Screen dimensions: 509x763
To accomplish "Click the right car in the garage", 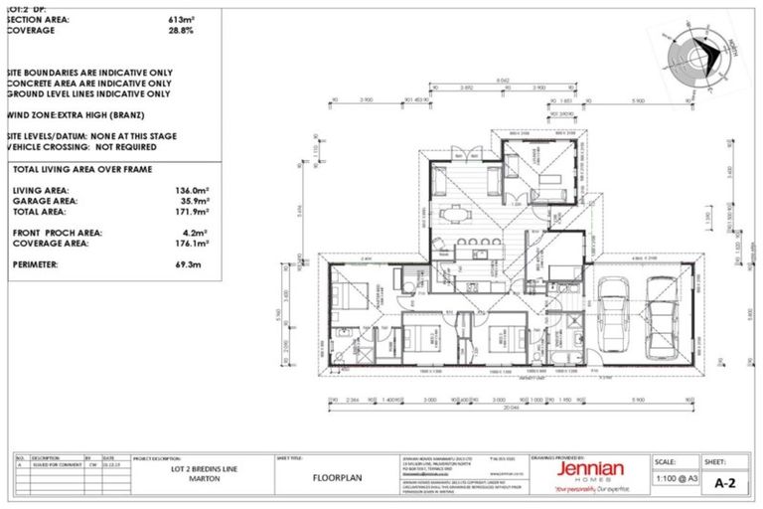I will pyautogui.click(x=662, y=315).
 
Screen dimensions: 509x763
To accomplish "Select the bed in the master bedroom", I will pyautogui.click(x=354, y=296).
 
